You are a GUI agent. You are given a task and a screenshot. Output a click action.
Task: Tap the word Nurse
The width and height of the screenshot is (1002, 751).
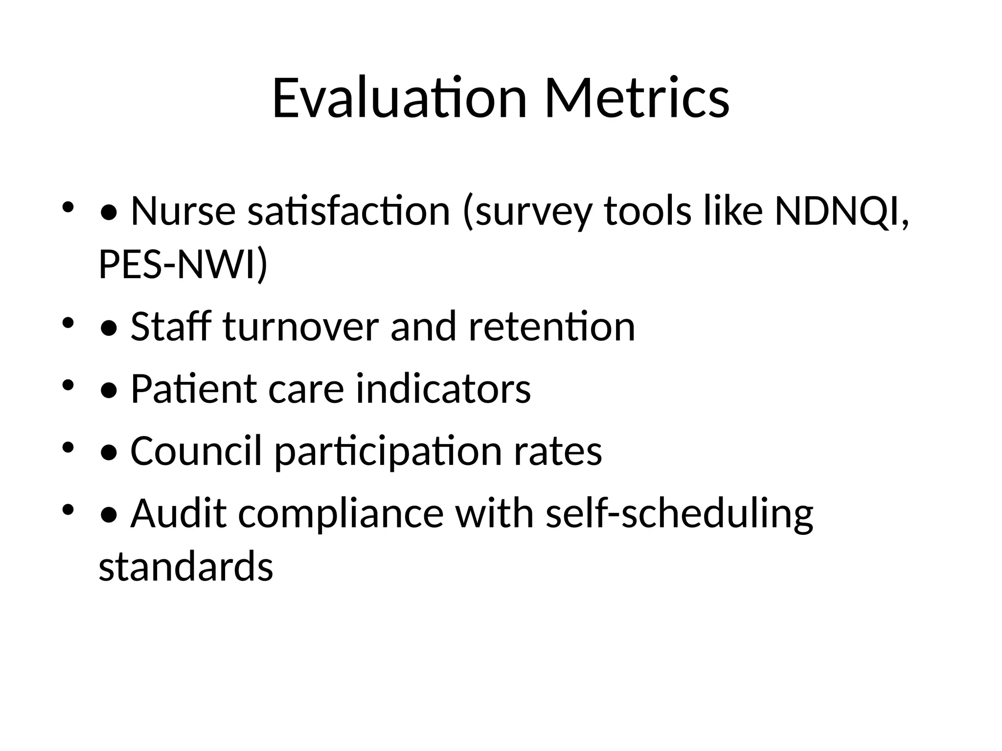[183, 211]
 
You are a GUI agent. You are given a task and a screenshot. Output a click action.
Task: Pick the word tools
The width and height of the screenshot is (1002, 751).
[648, 211]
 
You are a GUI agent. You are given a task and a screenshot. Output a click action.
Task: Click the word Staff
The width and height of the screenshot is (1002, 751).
[171, 327]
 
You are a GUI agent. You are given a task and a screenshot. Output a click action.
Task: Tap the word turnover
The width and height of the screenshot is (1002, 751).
[300, 327]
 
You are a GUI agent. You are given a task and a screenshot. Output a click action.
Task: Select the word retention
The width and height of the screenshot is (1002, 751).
[551, 327]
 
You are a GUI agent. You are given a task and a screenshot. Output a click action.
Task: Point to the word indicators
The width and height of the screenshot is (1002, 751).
[443, 389]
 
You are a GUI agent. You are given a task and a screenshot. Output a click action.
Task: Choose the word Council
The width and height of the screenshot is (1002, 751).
[196, 451]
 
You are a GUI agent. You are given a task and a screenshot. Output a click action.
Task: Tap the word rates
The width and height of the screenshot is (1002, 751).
[558, 451]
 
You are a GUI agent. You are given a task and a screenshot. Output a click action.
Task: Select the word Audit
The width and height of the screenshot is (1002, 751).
[179, 513]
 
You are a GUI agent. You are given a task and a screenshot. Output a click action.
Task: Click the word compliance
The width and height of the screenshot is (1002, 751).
[341, 513]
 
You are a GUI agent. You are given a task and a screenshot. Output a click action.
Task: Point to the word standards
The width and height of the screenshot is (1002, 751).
[186, 566]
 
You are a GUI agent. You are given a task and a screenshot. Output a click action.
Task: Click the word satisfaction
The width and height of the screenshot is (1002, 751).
[348, 211]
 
